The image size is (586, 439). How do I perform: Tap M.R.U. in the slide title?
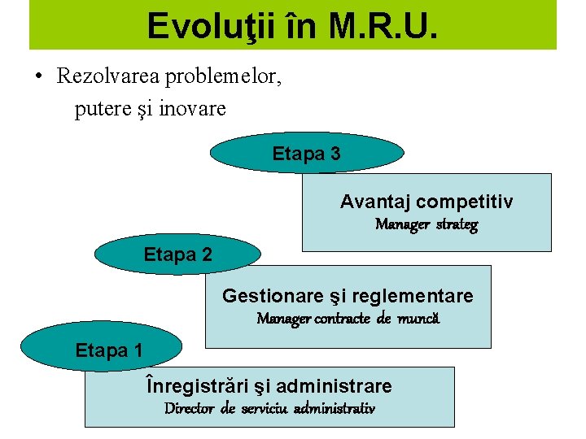tap(384, 25)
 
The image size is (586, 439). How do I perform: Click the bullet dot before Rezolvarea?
tap(38, 77)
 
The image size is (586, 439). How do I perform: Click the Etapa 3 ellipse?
tap(307, 154)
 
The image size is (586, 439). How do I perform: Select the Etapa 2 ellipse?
tap(178, 254)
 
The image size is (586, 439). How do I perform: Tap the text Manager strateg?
tap(426, 224)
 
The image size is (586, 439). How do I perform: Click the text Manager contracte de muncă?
tap(348, 318)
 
